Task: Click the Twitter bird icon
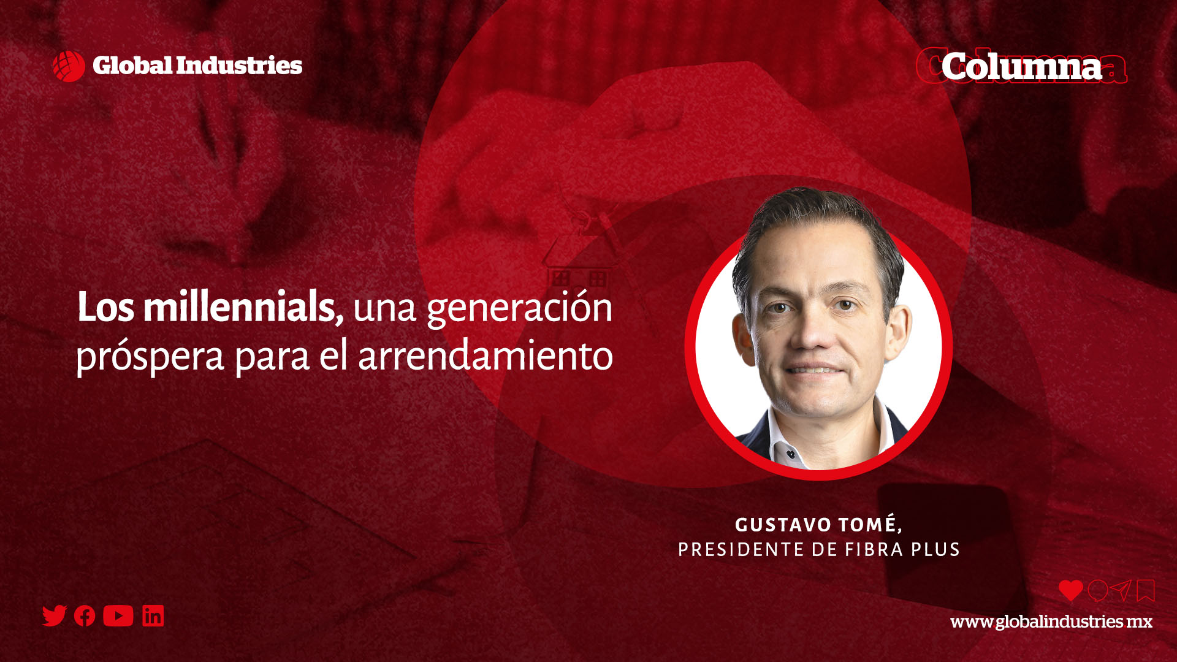[54, 615]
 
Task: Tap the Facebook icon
[85, 616]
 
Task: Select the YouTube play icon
[118, 616]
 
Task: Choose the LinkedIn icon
[153, 616]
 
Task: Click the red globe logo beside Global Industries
[69, 66]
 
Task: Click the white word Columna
[1021, 66]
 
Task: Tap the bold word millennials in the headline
[243, 307]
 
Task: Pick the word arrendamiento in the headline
[486, 356]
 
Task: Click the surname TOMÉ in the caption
[870, 525]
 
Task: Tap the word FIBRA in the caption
[874, 550]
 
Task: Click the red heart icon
[1070, 590]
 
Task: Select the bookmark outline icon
[1146, 591]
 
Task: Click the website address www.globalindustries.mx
[1051, 622]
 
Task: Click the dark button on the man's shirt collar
[791, 454]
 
